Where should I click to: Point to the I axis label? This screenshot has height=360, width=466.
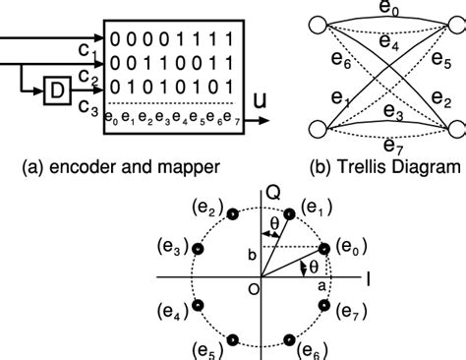pyautogui.click(x=366, y=279)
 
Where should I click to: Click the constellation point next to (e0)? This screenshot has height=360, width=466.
pyautogui.click(x=325, y=249)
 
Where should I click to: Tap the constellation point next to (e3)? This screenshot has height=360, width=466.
pyautogui.click(x=197, y=250)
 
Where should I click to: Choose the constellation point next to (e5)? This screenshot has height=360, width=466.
pyautogui.click(x=233, y=339)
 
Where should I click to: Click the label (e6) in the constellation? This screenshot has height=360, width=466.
pyautogui.click(x=314, y=350)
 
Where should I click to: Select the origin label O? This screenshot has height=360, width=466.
pyautogui.click(x=253, y=288)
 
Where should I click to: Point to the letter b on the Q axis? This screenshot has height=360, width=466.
pyautogui.click(x=253, y=254)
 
